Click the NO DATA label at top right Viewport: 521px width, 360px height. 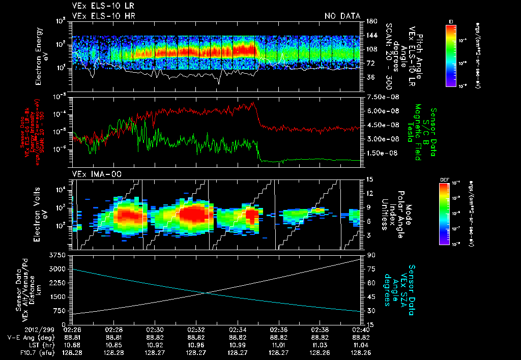(x=342, y=16)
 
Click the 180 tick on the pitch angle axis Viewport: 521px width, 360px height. (x=371, y=21)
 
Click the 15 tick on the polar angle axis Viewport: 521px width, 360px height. (x=369, y=179)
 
